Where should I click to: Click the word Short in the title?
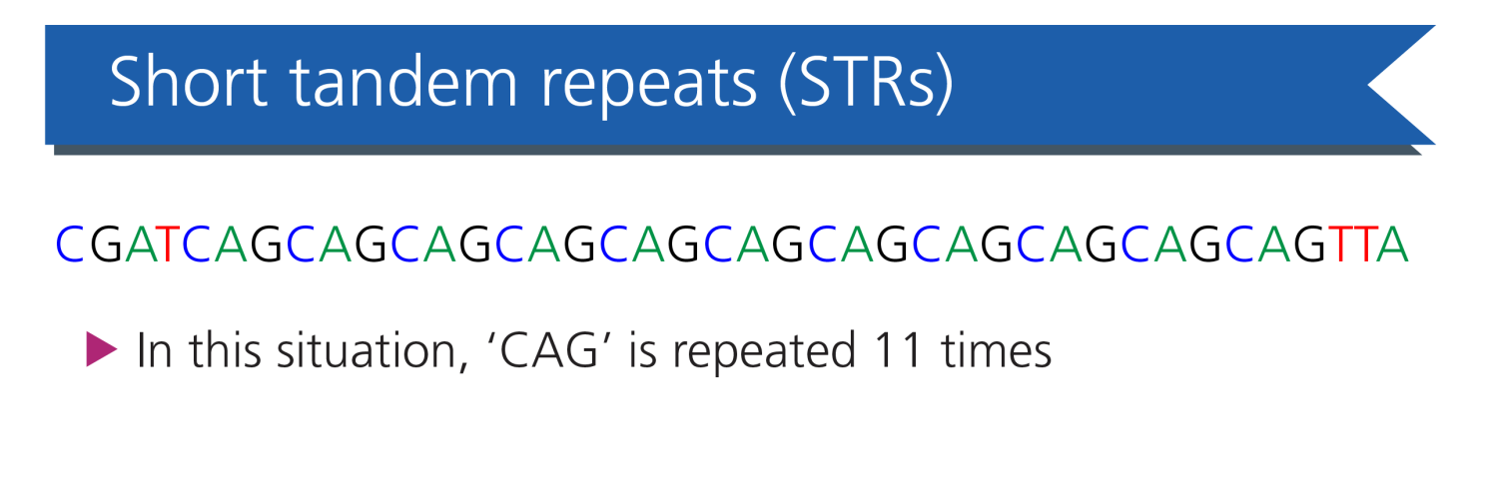tap(189, 82)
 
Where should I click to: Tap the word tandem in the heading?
tap(403, 82)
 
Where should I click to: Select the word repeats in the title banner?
tap(649, 87)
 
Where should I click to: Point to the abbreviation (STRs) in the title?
tap(867, 83)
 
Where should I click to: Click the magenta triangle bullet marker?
tap(102, 348)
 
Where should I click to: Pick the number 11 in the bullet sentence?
tap(900, 350)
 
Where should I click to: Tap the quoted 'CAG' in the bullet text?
tap(548, 350)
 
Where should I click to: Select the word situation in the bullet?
tap(373, 351)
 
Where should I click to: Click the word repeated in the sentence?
tap(764, 351)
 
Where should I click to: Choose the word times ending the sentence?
tap(997, 350)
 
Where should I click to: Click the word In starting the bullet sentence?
tap(155, 350)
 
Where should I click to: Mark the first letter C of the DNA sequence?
tap(70, 245)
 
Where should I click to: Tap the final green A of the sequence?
tap(1392, 245)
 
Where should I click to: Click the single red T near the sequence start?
tap(169, 245)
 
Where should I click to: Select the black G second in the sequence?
tap(106, 245)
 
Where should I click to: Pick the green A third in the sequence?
tap(141, 245)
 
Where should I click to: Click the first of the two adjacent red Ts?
tap(1340, 245)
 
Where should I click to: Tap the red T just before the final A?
tap(1364, 245)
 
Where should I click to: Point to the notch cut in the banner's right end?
tap(1368, 85)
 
